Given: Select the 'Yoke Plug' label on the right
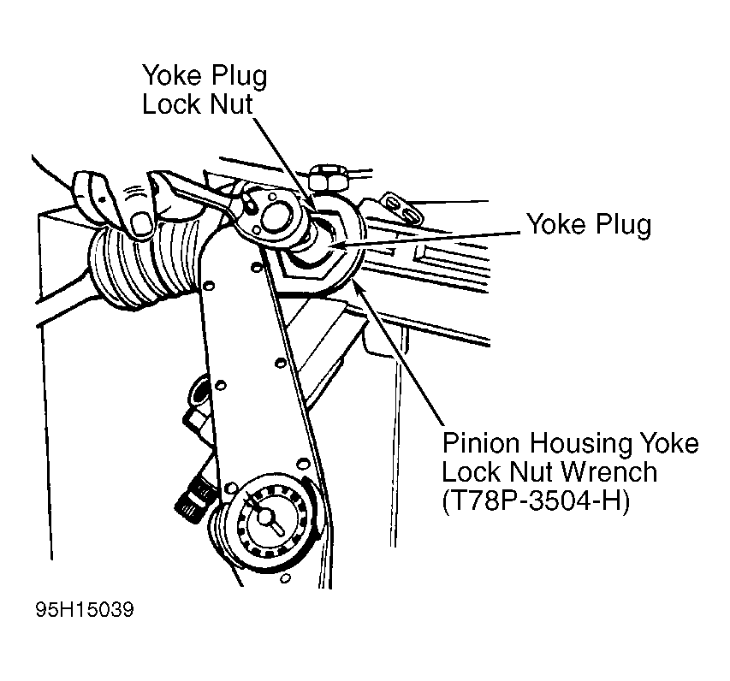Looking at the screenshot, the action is coord(589,225).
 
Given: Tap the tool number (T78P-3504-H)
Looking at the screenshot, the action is coord(536,500).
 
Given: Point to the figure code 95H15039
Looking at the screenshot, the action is coord(85,609).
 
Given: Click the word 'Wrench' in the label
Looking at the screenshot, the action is coord(609,472).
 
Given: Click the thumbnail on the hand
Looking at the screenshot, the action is coord(141,223).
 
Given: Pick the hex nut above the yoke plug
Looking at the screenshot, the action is coord(329,177).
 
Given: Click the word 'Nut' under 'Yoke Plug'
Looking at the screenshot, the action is coord(231,104).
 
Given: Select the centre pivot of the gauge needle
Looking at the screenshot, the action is coord(264,516).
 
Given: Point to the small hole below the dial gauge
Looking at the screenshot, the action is coord(286,578).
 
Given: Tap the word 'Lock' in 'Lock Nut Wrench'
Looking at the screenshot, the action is coord(471,472).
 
